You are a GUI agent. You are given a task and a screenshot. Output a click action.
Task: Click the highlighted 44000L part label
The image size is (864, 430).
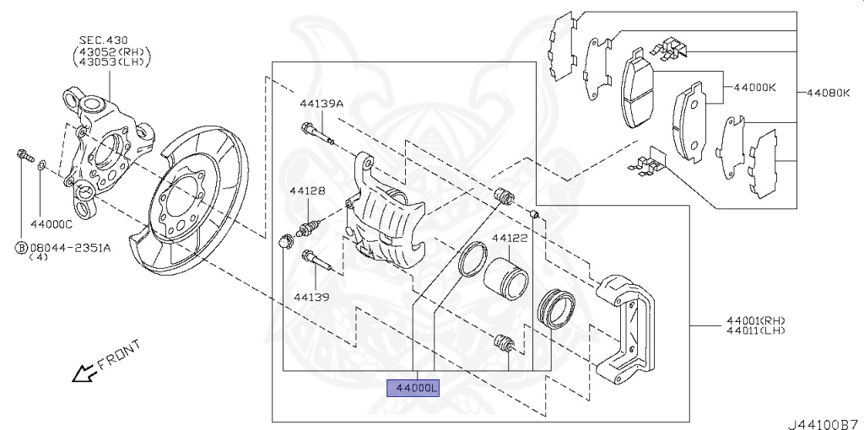click(413, 388)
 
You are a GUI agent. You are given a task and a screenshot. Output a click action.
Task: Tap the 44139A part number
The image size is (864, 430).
click(321, 104)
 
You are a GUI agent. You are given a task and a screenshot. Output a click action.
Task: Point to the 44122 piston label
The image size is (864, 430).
click(510, 239)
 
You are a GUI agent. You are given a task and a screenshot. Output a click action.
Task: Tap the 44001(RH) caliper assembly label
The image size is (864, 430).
click(755, 320)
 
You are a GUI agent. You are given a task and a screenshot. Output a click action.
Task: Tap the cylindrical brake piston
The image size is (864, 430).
click(506, 277)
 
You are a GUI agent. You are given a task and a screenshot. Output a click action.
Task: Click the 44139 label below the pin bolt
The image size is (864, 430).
click(311, 297)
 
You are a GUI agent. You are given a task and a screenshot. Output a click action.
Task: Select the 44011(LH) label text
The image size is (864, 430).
click(755, 330)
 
